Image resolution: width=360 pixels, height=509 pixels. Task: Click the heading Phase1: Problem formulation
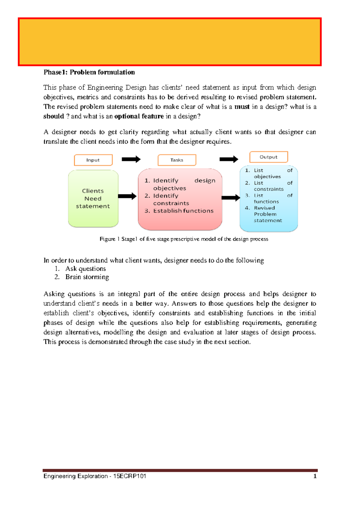89,72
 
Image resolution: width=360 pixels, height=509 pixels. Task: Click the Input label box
93,160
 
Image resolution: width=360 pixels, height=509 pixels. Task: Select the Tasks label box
177,160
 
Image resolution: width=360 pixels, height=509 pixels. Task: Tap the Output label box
268,157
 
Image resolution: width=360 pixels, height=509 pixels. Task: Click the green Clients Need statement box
93,198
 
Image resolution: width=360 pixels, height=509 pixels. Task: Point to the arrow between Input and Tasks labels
131,159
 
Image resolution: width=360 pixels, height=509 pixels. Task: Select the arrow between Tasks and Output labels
229,159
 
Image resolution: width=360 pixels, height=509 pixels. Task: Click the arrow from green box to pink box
127,196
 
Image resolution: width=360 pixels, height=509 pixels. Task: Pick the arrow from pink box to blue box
231,198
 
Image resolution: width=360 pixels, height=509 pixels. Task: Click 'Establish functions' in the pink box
183,211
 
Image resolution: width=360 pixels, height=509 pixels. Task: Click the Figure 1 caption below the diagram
184,239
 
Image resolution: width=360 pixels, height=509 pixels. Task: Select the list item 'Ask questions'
85,269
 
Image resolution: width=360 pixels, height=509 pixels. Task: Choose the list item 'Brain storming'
87,277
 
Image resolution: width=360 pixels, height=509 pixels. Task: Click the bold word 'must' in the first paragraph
242,107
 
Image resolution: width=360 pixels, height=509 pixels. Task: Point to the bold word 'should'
54,116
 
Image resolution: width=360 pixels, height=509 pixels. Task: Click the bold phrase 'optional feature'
139,116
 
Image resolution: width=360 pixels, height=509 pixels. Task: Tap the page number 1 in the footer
315,476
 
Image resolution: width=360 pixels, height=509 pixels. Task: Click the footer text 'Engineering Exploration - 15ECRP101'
94,476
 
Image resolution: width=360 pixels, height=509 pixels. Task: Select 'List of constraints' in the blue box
268,186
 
